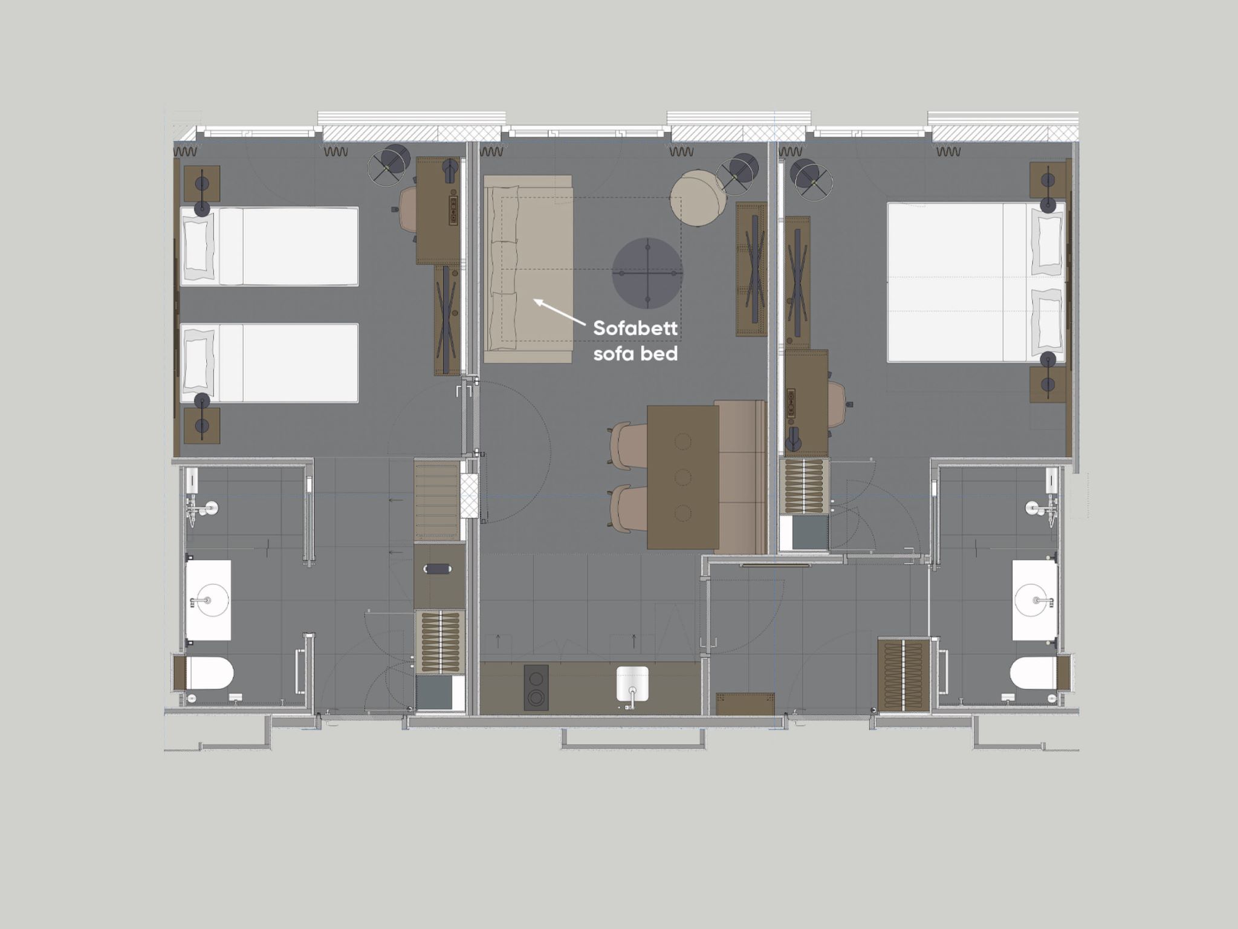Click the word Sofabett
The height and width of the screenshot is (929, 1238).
pyautogui.click(x=635, y=328)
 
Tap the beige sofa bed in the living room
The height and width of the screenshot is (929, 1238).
pyautogui.click(x=528, y=269)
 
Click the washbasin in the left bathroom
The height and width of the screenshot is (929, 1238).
pyautogui.click(x=208, y=601)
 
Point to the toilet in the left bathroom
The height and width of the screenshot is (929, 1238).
pyautogui.click(x=209, y=673)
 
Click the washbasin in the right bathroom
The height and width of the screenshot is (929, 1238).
pyautogui.click(x=1035, y=601)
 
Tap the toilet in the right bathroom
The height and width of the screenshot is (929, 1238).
pyautogui.click(x=1033, y=673)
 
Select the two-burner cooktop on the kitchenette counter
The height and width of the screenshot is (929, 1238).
pyautogui.click(x=536, y=685)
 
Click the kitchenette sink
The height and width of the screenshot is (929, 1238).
pyautogui.click(x=632, y=685)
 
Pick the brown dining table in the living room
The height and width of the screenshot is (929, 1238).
pyautogui.click(x=682, y=477)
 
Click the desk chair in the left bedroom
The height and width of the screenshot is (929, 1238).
pyautogui.click(x=407, y=209)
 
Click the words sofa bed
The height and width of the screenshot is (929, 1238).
pyautogui.click(x=635, y=353)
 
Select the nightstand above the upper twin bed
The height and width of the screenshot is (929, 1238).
pyautogui.click(x=202, y=184)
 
